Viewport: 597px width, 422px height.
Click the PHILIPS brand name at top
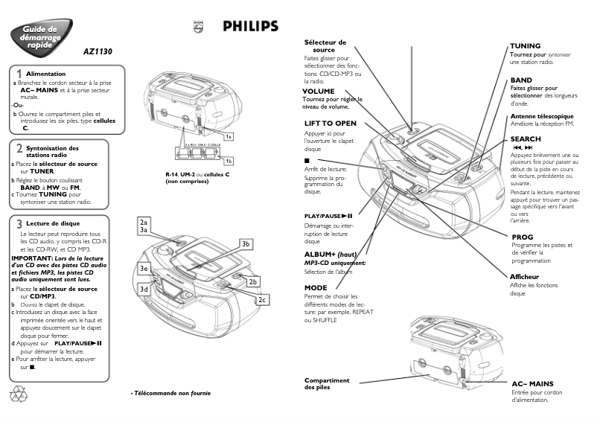tap(251, 27)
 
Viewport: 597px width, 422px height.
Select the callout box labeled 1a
tap(229, 136)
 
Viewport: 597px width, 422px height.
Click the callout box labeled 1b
tap(229, 161)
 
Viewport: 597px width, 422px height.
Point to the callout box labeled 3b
tap(246, 244)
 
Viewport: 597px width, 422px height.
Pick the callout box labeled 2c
tap(262, 299)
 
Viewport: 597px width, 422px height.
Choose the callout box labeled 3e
tap(145, 268)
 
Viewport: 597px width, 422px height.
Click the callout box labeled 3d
tap(145, 289)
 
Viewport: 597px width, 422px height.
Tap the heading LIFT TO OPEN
tap(330, 123)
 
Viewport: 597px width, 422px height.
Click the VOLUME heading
tap(319, 92)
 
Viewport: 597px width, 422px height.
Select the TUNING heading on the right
tap(526, 46)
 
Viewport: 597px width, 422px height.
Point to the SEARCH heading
tap(526, 139)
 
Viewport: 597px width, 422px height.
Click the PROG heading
tap(523, 237)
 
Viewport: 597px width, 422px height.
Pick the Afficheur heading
tap(525, 277)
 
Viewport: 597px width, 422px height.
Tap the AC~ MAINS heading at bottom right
tap(537, 384)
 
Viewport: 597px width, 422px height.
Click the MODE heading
tap(316, 287)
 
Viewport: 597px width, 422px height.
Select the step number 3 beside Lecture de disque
tap(18, 223)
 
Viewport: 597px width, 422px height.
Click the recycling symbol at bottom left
tap(18, 393)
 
